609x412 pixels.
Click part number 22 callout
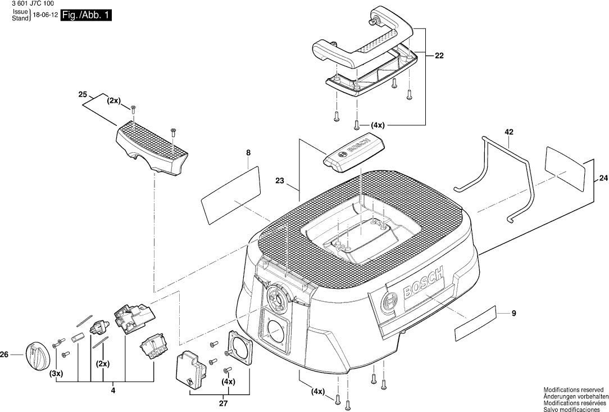(x=439, y=56)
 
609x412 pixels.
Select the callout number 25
(x=83, y=94)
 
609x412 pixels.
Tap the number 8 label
(x=248, y=153)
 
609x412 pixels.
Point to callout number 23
(x=280, y=181)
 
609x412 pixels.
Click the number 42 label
(x=509, y=132)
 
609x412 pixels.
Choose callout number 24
(x=603, y=178)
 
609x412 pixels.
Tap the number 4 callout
(x=113, y=390)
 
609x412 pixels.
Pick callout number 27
(x=223, y=403)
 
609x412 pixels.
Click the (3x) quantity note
(x=56, y=373)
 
